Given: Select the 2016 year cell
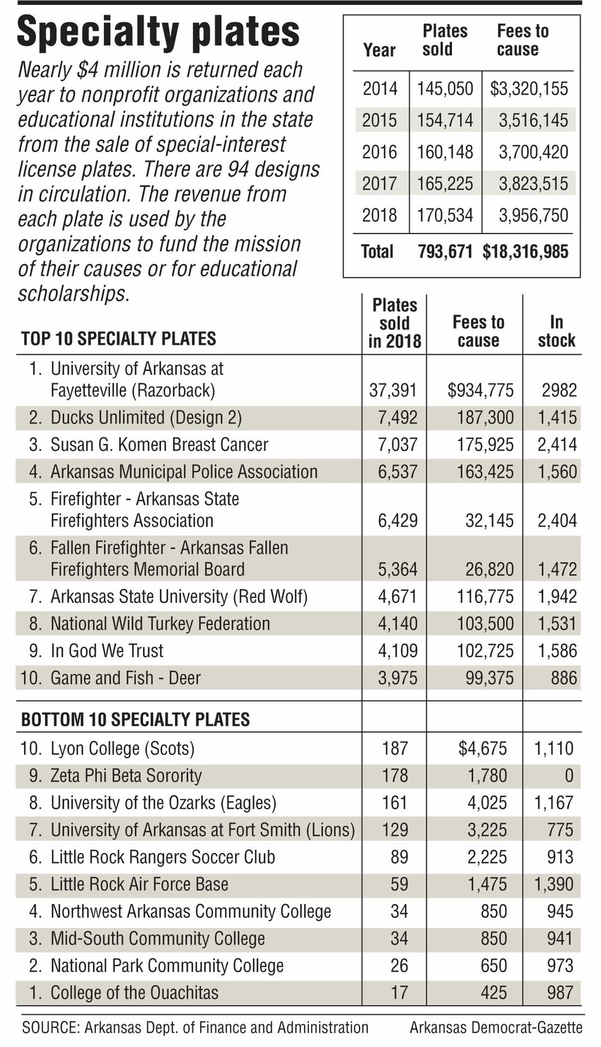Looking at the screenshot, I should pyautogui.click(x=379, y=152).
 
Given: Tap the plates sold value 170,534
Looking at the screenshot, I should pyautogui.click(x=445, y=215).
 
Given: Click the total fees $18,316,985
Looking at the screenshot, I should pyautogui.click(x=525, y=252).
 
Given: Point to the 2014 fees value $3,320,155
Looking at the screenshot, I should pyautogui.click(x=529, y=89).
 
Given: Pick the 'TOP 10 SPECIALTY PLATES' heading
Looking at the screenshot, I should pyautogui.click(x=118, y=339).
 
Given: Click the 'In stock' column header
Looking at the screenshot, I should pyautogui.click(x=556, y=331).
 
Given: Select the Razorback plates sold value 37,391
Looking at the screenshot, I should pyautogui.click(x=393, y=391).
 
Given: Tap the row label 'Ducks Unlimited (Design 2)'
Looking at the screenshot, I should pyautogui.click(x=146, y=418).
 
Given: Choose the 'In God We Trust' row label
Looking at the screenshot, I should pyautogui.click(x=107, y=651).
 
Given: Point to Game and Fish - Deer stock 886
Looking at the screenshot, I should pyautogui.click(x=564, y=678).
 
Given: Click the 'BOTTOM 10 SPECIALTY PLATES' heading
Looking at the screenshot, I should pyautogui.click(x=135, y=719).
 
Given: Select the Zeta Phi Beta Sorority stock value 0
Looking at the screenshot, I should pyautogui.click(x=569, y=776).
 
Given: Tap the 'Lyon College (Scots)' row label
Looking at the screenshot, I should pyautogui.click(x=123, y=749).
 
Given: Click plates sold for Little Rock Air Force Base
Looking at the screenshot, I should pyautogui.click(x=399, y=884).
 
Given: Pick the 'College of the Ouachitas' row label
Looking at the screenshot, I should pyautogui.click(x=135, y=992).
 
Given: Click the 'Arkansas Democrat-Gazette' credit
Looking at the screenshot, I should pyautogui.click(x=496, y=1028).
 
